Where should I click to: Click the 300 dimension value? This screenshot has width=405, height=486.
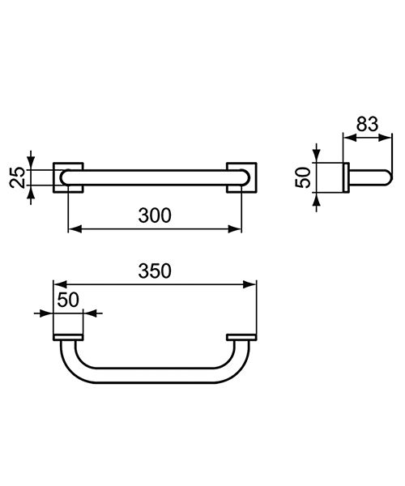[x=155, y=215]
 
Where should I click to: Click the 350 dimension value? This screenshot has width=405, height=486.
[x=155, y=271]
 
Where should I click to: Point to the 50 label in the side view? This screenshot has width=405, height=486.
[x=303, y=177]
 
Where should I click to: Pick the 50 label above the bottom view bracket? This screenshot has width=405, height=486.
[x=68, y=300]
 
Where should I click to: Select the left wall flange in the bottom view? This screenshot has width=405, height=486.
[x=68, y=337]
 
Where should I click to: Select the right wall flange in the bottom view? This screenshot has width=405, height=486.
[x=241, y=337]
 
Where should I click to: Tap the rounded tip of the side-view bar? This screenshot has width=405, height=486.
[x=387, y=177]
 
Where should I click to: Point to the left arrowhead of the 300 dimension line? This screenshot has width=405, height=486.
[x=71, y=228]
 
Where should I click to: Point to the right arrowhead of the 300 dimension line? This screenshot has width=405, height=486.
[x=238, y=228]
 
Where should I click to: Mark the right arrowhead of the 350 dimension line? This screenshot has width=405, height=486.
[x=252, y=283]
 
